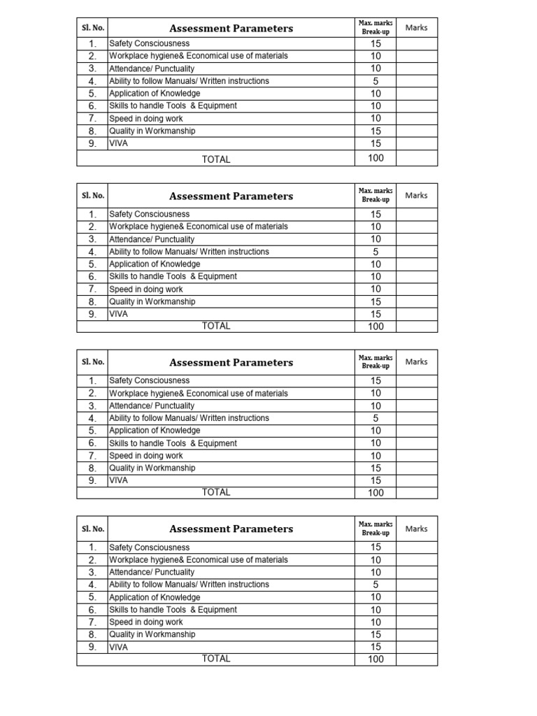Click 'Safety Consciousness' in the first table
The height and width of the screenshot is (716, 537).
pos(149,43)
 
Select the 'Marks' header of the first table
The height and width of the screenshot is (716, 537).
pos(416,28)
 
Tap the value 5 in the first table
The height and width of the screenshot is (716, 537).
pos(375,81)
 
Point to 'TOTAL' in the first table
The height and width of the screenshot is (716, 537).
pos(216,159)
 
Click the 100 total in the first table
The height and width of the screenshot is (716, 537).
pos(375,158)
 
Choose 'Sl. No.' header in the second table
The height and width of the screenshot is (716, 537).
pos(92,196)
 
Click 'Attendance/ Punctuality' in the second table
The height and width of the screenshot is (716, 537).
pos(152,239)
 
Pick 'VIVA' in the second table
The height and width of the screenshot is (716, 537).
pos(119,314)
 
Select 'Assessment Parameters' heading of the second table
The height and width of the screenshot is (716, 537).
pos(231,196)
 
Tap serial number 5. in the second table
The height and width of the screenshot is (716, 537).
pos(92,264)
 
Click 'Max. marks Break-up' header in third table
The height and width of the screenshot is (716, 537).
pos(375,362)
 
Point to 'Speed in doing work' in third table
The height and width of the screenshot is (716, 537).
pos(146,456)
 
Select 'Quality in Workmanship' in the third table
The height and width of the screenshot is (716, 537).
pos(152,468)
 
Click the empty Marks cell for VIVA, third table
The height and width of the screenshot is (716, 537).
pos(416,480)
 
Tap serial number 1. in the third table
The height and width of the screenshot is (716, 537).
pos(92,381)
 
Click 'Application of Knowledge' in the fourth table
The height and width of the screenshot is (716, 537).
pos(155,597)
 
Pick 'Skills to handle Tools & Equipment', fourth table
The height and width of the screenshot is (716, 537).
pos(173,610)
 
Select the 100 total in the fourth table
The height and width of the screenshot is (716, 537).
pos(375,659)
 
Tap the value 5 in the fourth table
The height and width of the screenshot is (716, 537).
pos(375,585)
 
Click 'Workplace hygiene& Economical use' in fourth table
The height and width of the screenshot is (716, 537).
pos(198,559)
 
